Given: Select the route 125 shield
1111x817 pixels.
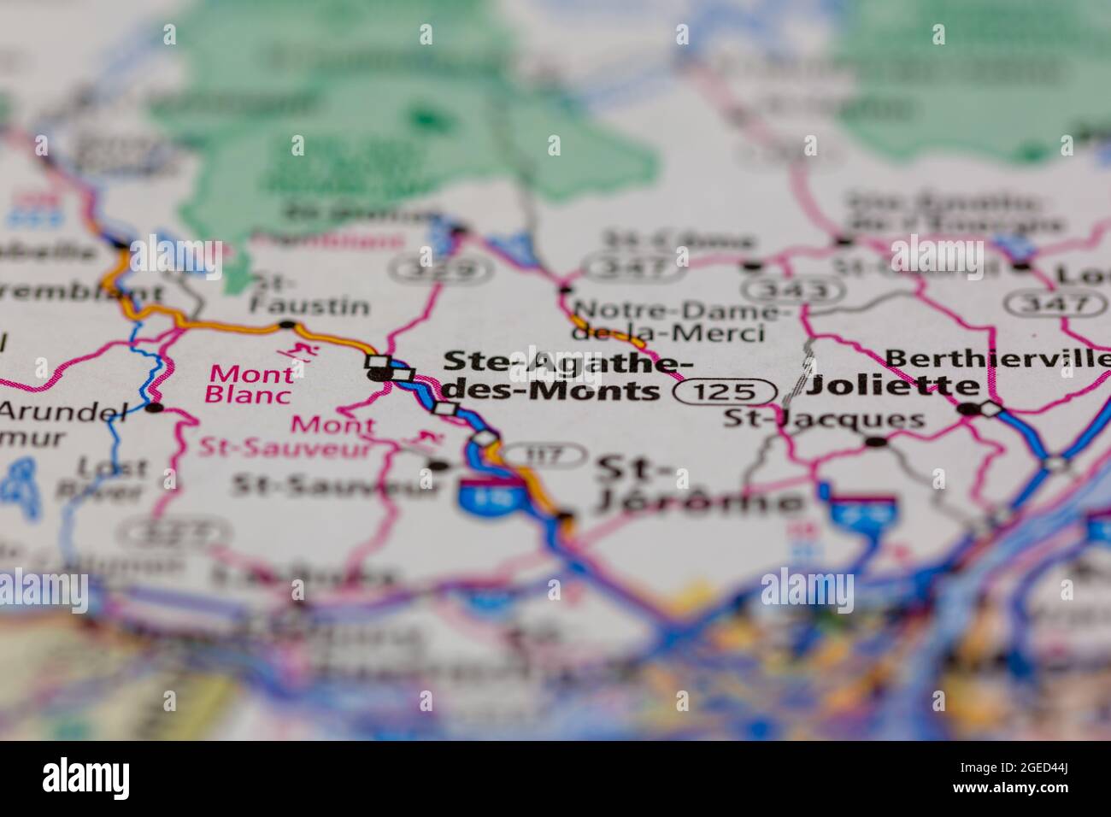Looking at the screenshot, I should coord(726,392).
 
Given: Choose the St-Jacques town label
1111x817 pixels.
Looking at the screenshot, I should coord(824,420).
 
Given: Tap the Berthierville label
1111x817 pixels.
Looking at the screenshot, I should coord(998,358).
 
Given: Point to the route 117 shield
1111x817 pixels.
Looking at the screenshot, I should coord(543,455).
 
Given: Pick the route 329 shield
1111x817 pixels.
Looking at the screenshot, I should coord(441,271).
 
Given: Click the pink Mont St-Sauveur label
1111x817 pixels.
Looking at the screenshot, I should coord(287,436).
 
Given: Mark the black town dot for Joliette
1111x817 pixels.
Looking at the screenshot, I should coord(968,409).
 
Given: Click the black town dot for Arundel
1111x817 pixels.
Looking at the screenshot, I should coord(154,408).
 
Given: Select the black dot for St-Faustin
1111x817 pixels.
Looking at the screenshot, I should coord(286,325).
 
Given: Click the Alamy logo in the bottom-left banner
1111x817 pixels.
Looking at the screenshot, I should coord(86,779).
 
